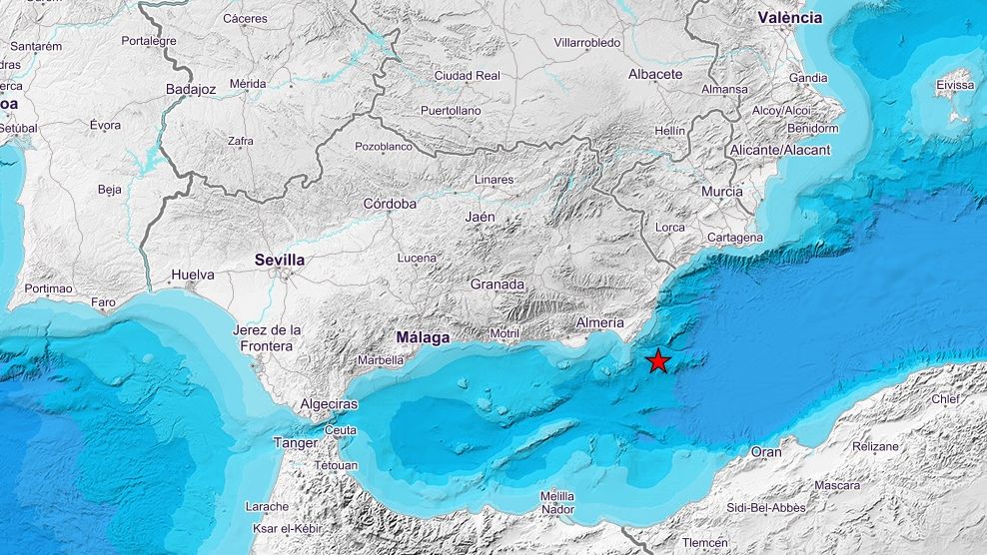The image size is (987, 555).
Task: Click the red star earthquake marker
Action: pyautogui.click(x=657, y=361)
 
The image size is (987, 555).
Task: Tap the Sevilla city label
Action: pyautogui.click(x=280, y=260)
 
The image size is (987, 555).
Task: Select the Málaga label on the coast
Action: pyautogui.click(x=423, y=336)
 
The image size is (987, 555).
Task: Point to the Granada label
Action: pyautogui.click(x=497, y=284)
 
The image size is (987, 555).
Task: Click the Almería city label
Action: pyautogui.click(x=600, y=322)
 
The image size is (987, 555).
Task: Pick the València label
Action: pyautogui.click(x=789, y=17)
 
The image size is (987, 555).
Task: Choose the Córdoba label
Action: pyautogui.click(x=390, y=204)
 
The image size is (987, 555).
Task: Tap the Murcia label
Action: pyautogui.click(x=721, y=192)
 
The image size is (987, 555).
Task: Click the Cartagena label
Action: pyautogui.click(x=734, y=238)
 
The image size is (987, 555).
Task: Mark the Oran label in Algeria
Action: pyautogui.click(x=766, y=452)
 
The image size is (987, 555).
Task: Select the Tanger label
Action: pyautogui.click(x=296, y=443)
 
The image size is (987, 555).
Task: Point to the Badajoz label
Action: pyautogui.click(x=191, y=89)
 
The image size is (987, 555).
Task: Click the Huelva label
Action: pyautogui.click(x=193, y=274)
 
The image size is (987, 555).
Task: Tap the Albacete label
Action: pyautogui.click(x=655, y=74)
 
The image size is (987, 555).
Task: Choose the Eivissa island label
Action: pyautogui.click(x=955, y=85)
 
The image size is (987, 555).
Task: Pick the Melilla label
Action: pyautogui.click(x=557, y=496)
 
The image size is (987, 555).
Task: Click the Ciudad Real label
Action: pyautogui.click(x=467, y=75)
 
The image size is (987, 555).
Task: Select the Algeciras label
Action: pyautogui.click(x=329, y=404)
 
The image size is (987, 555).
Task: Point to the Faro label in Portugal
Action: pyautogui.click(x=103, y=302)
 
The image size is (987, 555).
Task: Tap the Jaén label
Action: pyautogui.click(x=481, y=217)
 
